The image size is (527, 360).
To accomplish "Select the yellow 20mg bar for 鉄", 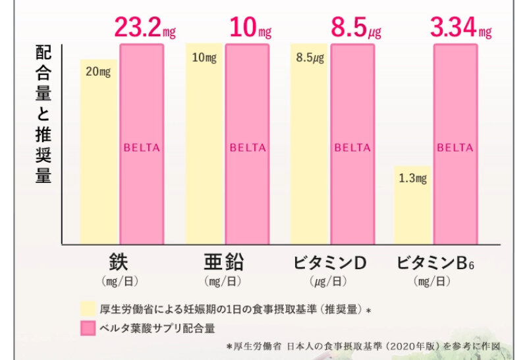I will coord(99,151).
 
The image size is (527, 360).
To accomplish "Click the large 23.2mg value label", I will coord(146,28).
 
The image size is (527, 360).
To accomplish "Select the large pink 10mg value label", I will coord(250,28).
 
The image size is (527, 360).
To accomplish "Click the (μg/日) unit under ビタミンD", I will coord(329,282).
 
